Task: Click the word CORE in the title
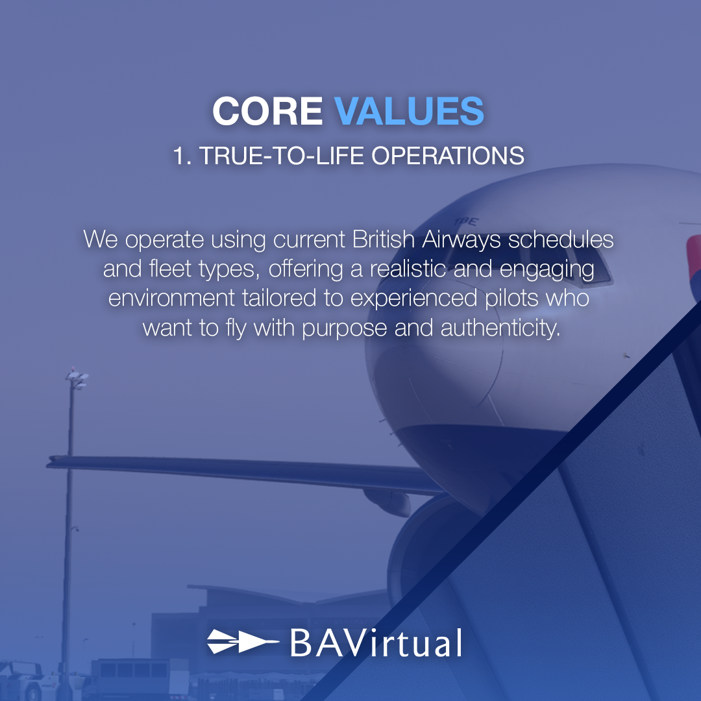click(x=267, y=111)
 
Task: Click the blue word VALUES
click(x=410, y=111)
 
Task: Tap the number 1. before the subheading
click(x=181, y=156)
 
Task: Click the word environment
click(x=172, y=299)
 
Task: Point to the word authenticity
click(x=500, y=328)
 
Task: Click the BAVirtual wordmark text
click(x=375, y=643)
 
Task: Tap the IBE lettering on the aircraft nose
click(x=461, y=221)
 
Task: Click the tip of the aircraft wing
click(x=51, y=462)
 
